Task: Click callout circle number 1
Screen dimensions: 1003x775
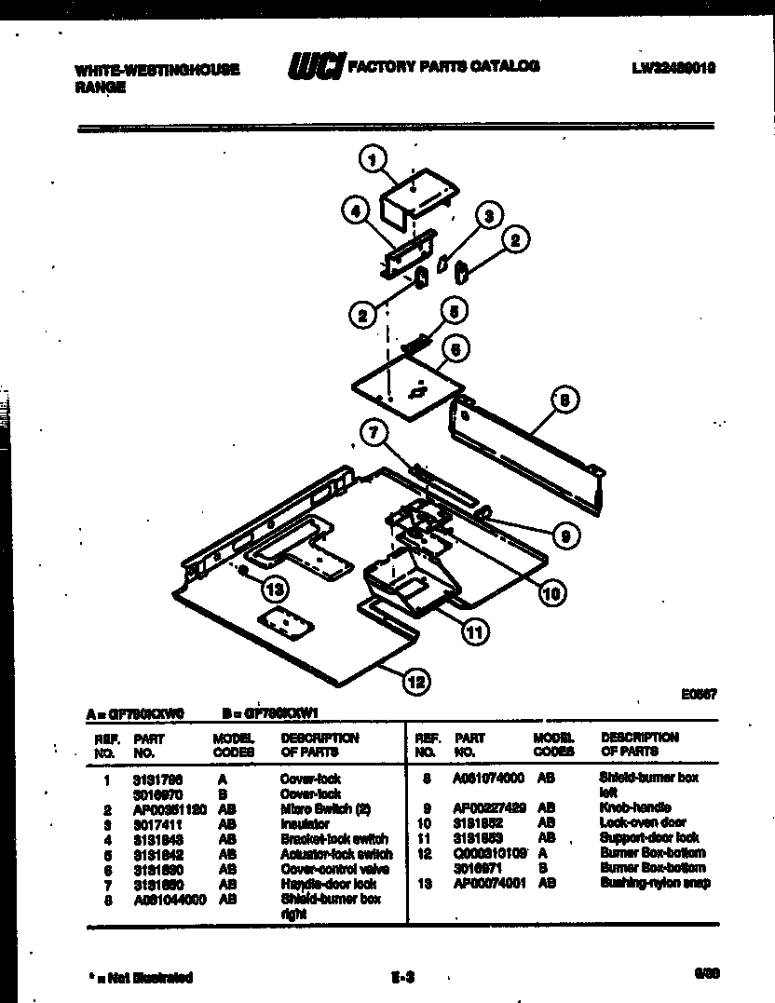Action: (373, 162)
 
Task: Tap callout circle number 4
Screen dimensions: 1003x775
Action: (353, 213)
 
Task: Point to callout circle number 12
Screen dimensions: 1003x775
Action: (415, 683)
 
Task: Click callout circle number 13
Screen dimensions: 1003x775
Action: (274, 589)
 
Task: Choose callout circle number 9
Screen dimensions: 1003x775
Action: (563, 535)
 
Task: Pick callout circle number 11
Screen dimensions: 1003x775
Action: (475, 632)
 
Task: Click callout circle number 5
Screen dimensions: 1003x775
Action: (454, 311)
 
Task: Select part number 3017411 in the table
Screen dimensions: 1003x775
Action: (154, 824)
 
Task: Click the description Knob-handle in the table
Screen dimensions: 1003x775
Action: (636, 807)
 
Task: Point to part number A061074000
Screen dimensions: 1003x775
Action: (489, 778)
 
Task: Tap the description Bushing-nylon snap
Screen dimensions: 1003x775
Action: (655, 883)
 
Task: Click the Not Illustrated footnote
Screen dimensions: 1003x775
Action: (142, 978)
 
